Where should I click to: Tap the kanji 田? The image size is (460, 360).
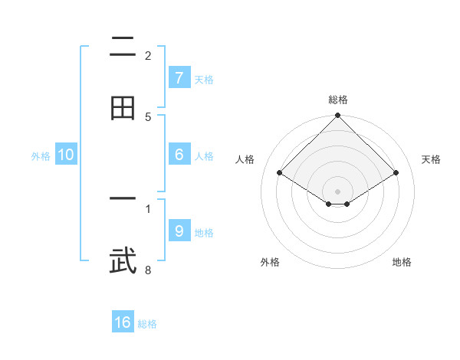[123, 107]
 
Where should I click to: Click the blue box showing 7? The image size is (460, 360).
[179, 78]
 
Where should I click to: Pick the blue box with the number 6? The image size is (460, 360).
[179, 155]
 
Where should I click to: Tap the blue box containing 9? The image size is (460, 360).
[179, 231]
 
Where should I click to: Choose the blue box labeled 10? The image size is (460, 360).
[66, 155]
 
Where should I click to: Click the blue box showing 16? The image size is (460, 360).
[123, 322]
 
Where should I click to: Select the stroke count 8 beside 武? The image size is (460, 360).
[148, 270]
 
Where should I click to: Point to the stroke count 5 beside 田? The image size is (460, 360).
[148, 116]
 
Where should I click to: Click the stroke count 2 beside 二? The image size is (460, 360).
[148, 55]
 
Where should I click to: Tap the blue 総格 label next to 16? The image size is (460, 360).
[148, 324]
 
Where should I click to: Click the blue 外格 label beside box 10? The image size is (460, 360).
[41, 155]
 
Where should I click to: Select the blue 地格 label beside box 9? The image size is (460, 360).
[204, 232]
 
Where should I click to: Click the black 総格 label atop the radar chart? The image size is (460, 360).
[338, 100]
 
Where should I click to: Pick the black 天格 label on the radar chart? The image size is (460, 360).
[431, 159]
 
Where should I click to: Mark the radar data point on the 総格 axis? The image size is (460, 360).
[338, 116]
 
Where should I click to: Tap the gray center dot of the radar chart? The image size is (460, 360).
[338, 191]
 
